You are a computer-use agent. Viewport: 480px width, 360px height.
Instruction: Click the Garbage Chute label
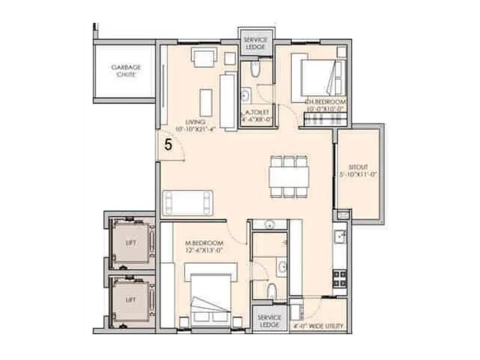(x=126, y=71)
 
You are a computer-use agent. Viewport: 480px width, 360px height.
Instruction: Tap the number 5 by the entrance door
(x=169, y=145)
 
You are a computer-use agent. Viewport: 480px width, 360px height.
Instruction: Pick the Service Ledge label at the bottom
(x=269, y=320)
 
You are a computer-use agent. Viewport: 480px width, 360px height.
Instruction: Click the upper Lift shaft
(x=131, y=243)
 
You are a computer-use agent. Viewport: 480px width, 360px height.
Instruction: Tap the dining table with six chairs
(x=289, y=175)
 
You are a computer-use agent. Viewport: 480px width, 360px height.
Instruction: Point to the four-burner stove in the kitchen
(x=340, y=278)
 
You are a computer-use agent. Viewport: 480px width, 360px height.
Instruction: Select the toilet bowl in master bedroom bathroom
(x=271, y=292)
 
